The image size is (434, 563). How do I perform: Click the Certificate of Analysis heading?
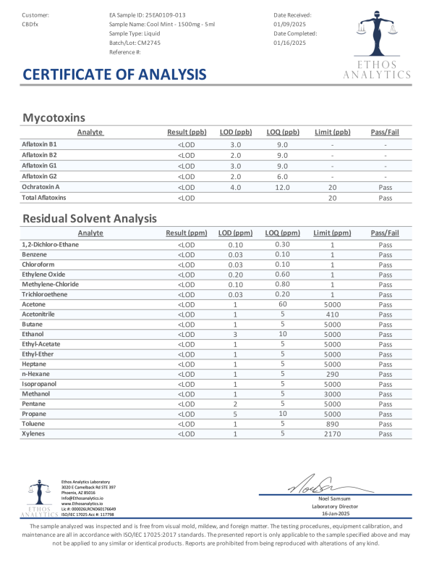(x=114, y=75)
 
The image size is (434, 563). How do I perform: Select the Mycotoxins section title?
(x=54, y=117)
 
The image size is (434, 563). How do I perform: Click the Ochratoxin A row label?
(x=41, y=187)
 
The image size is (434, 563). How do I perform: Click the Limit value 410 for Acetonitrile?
(x=333, y=314)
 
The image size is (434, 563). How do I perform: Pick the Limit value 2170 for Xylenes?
(x=333, y=433)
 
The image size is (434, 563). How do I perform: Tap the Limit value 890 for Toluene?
(x=333, y=423)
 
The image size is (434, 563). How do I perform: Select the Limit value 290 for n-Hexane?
(x=333, y=374)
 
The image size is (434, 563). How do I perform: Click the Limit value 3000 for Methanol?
(x=333, y=393)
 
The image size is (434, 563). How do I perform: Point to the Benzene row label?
(x=34, y=255)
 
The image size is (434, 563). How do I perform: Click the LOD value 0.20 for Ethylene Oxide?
(x=235, y=275)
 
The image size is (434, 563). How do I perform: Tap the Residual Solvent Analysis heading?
(x=90, y=218)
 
